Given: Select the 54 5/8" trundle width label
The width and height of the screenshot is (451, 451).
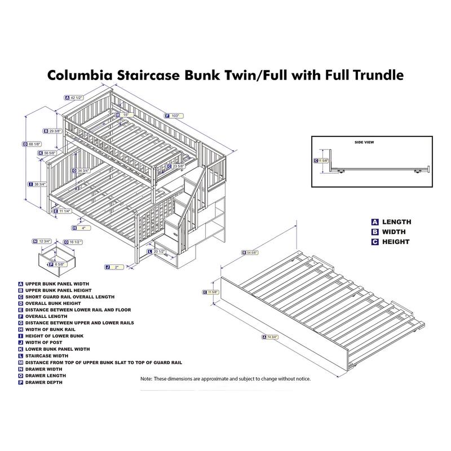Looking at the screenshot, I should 253,252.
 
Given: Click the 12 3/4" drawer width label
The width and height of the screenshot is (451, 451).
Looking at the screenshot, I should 45,241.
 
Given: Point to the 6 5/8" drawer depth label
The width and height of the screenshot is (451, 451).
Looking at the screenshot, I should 60,264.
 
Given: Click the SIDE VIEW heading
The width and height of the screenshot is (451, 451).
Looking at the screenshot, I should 364,143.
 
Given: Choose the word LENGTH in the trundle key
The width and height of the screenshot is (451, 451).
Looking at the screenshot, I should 397,222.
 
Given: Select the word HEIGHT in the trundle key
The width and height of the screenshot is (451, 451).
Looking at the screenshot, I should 396,242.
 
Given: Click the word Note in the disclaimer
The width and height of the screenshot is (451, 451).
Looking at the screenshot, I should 145,379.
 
